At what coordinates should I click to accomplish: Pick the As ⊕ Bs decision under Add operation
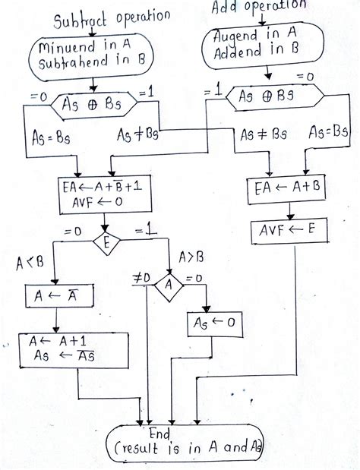click(267, 95)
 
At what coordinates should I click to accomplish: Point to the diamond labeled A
click(169, 286)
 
